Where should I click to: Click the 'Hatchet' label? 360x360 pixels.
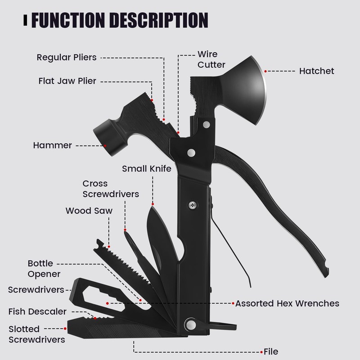click(x=317, y=71)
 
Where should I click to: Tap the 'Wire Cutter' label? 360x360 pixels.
click(x=211, y=59)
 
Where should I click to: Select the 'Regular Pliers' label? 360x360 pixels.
click(x=66, y=57)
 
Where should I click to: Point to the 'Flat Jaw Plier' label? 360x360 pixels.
click(x=67, y=81)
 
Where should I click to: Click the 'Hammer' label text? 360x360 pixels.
click(x=52, y=145)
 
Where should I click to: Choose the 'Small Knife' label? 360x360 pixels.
click(x=147, y=169)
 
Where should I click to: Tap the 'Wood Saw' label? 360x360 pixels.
click(x=89, y=211)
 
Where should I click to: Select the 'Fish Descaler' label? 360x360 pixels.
click(x=37, y=311)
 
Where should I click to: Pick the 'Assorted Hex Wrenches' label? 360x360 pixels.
click(x=287, y=303)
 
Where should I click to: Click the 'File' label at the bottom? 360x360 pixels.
click(x=271, y=351)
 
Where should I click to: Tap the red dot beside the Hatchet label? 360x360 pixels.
click(x=266, y=71)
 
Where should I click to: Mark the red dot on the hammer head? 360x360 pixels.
click(x=104, y=145)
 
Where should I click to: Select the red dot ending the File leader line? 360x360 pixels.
click(x=263, y=351)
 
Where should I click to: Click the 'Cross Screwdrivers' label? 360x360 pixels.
click(x=110, y=189)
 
